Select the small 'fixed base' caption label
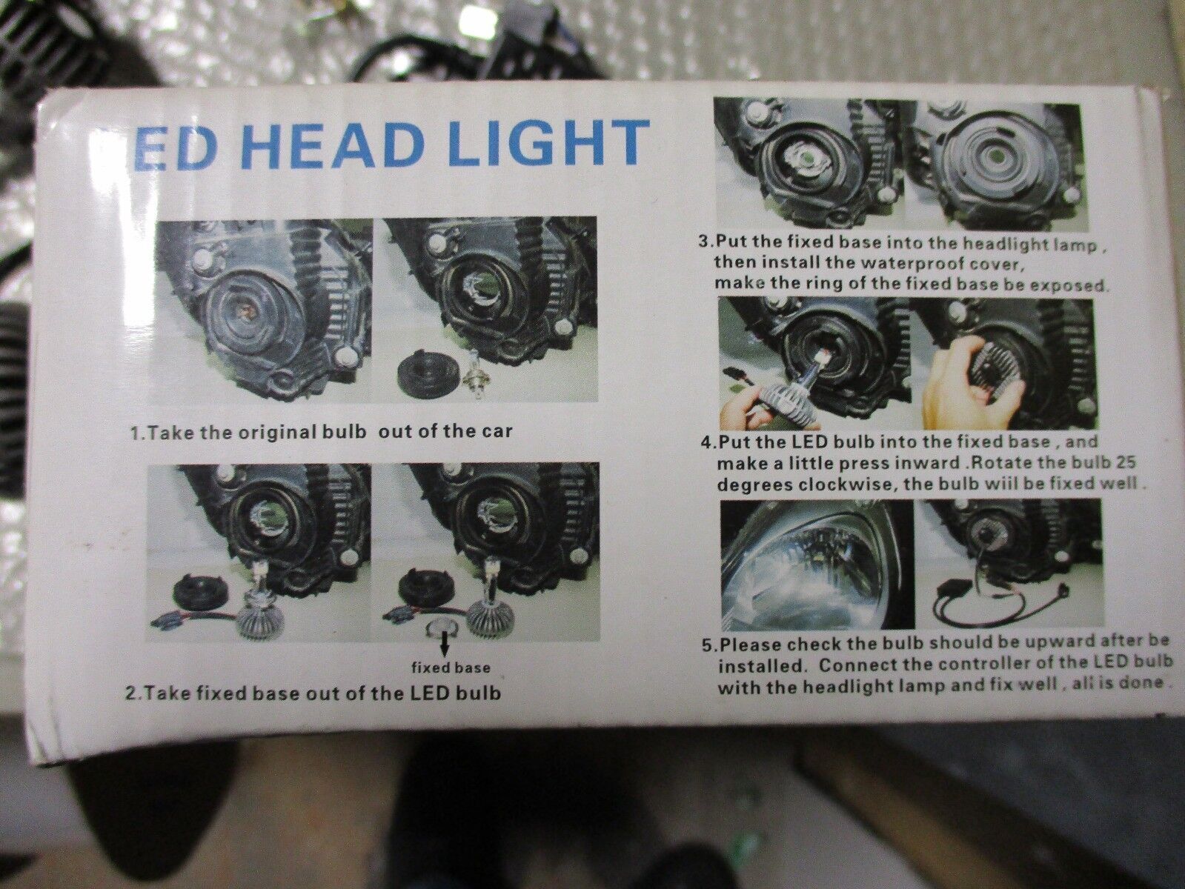[451, 667]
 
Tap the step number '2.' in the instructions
[132, 693]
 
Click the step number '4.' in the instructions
[708, 442]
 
